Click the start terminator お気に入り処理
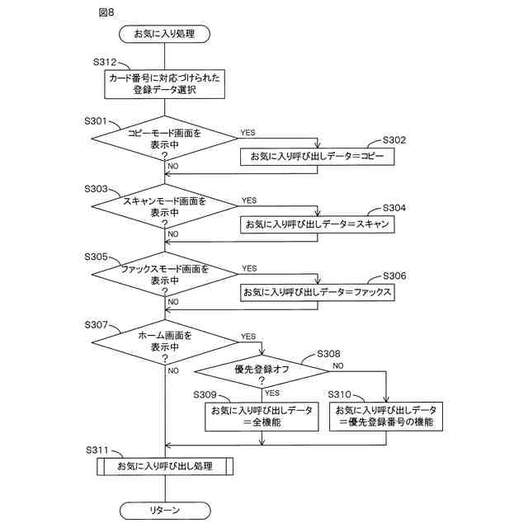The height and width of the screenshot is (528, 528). point(165,34)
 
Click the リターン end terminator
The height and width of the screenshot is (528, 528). point(165,511)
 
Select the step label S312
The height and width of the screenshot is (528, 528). point(105,63)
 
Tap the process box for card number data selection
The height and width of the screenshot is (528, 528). point(165,84)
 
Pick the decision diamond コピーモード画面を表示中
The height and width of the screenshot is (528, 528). point(165,139)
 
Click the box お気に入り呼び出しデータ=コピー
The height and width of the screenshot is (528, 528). point(317,157)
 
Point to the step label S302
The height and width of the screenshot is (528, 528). point(394,140)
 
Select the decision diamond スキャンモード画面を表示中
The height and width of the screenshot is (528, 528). point(165,206)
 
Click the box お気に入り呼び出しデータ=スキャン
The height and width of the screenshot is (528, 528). point(317,224)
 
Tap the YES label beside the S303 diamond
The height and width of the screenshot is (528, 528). point(249,200)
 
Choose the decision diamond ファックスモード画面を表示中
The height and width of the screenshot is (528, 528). point(165,274)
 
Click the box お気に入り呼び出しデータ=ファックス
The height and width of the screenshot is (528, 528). point(317,292)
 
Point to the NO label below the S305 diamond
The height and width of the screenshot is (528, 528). point(173,302)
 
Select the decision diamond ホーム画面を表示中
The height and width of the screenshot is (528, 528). point(165,342)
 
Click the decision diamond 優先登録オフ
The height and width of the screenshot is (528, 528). point(262,372)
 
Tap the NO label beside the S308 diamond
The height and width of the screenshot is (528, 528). point(338,365)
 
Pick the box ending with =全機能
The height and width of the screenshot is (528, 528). point(262,417)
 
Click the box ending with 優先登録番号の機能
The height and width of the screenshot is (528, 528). point(386,417)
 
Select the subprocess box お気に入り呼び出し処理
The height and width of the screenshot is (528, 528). point(165,466)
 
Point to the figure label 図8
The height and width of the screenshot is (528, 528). point(106,12)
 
